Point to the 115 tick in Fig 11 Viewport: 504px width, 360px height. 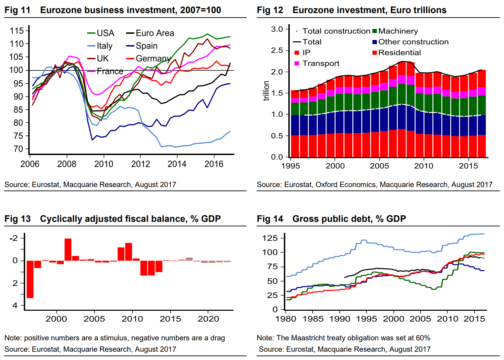[x=17, y=31]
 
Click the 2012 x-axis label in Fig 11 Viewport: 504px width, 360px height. [x=141, y=164]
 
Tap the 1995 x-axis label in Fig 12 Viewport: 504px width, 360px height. [x=290, y=166]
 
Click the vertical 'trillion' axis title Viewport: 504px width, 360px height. [x=266, y=91]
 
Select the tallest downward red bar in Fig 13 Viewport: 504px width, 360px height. [x=30, y=279]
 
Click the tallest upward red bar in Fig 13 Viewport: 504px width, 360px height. [x=68, y=249]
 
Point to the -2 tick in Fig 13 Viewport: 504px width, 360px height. [x=14, y=238]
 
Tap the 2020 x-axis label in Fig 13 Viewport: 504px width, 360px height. [x=208, y=319]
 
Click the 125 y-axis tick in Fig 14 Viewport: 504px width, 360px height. [x=270, y=238]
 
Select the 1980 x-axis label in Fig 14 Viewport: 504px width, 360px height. [x=286, y=319]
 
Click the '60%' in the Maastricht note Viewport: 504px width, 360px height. [x=422, y=338]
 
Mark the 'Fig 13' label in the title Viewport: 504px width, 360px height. [x=18, y=219]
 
